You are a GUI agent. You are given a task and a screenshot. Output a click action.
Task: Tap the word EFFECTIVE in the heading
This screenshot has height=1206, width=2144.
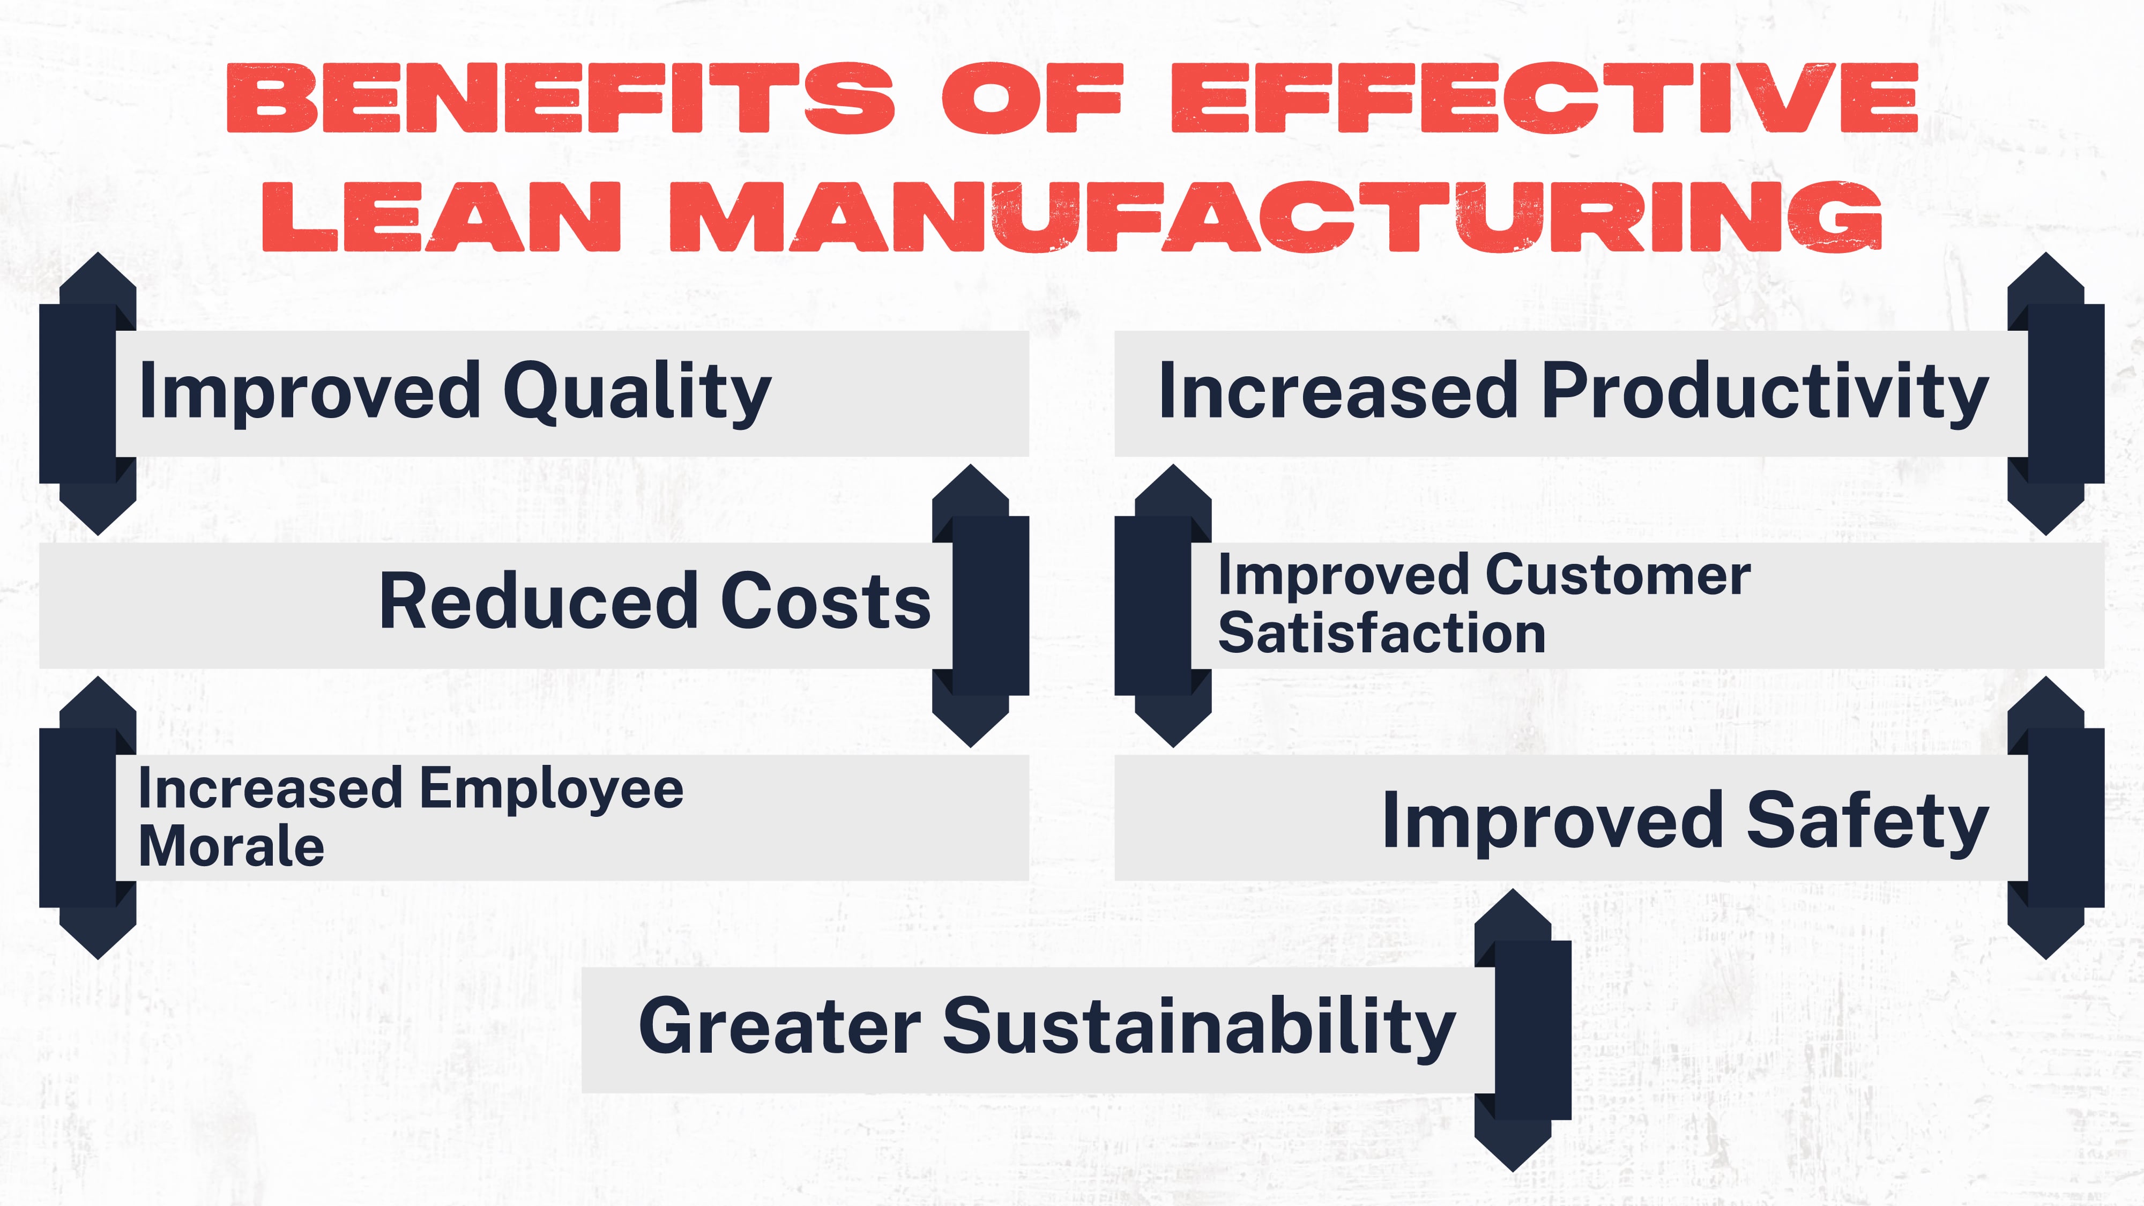[1544, 98]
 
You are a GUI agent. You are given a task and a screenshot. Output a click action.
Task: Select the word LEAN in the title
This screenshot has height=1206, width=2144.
[441, 217]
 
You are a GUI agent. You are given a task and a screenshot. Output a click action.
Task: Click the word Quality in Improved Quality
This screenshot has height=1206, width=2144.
[637, 393]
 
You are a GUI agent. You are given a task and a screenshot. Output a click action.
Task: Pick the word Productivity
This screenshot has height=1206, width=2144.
[1765, 393]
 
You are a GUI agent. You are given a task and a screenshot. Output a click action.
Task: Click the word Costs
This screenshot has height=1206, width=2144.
[825, 602]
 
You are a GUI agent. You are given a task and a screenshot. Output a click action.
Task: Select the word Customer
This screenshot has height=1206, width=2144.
[1617, 576]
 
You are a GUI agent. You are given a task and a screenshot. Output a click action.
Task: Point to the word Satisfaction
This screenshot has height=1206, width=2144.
[1382, 634]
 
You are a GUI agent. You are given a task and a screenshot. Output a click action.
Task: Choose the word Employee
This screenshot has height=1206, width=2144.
[551, 789]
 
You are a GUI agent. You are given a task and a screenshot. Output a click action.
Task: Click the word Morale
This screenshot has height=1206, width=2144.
[232, 847]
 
